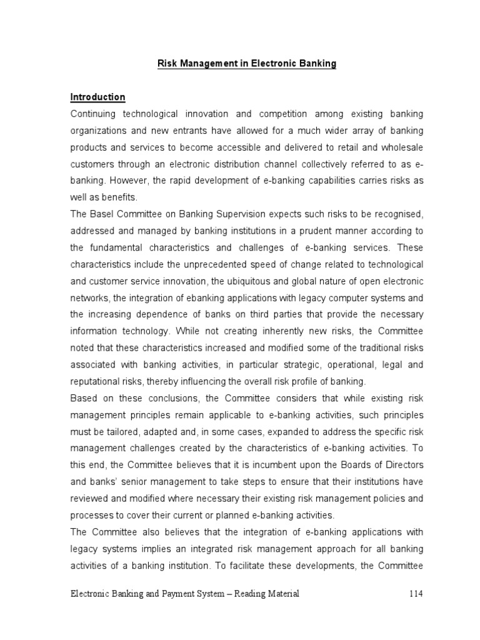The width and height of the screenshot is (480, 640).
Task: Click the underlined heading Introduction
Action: [97, 97]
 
